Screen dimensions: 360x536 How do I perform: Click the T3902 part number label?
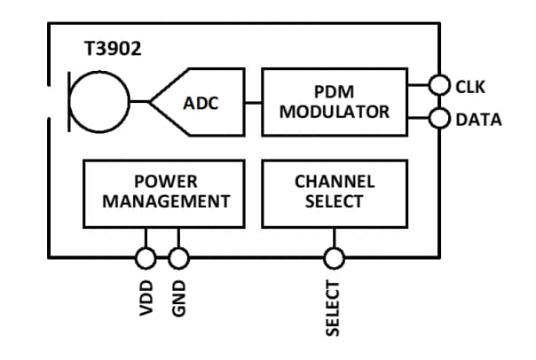tap(112, 50)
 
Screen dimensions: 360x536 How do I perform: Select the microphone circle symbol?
tap(99, 102)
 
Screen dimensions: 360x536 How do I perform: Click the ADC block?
tap(204, 102)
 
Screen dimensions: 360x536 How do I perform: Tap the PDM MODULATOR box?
tap(335, 102)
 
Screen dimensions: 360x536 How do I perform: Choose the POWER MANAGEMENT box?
tap(165, 192)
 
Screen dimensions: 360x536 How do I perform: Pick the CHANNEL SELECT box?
tap(335, 192)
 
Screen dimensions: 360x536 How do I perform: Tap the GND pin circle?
tap(178, 258)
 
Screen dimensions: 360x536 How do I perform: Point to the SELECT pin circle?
tap(334, 258)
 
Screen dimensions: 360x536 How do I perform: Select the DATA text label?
tap(478, 119)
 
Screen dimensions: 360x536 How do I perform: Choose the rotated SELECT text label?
tap(334, 308)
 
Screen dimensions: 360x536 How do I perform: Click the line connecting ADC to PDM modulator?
tap(253, 102)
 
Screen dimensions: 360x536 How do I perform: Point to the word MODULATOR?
tap(335, 112)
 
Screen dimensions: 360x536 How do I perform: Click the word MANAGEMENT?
tap(165, 201)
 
